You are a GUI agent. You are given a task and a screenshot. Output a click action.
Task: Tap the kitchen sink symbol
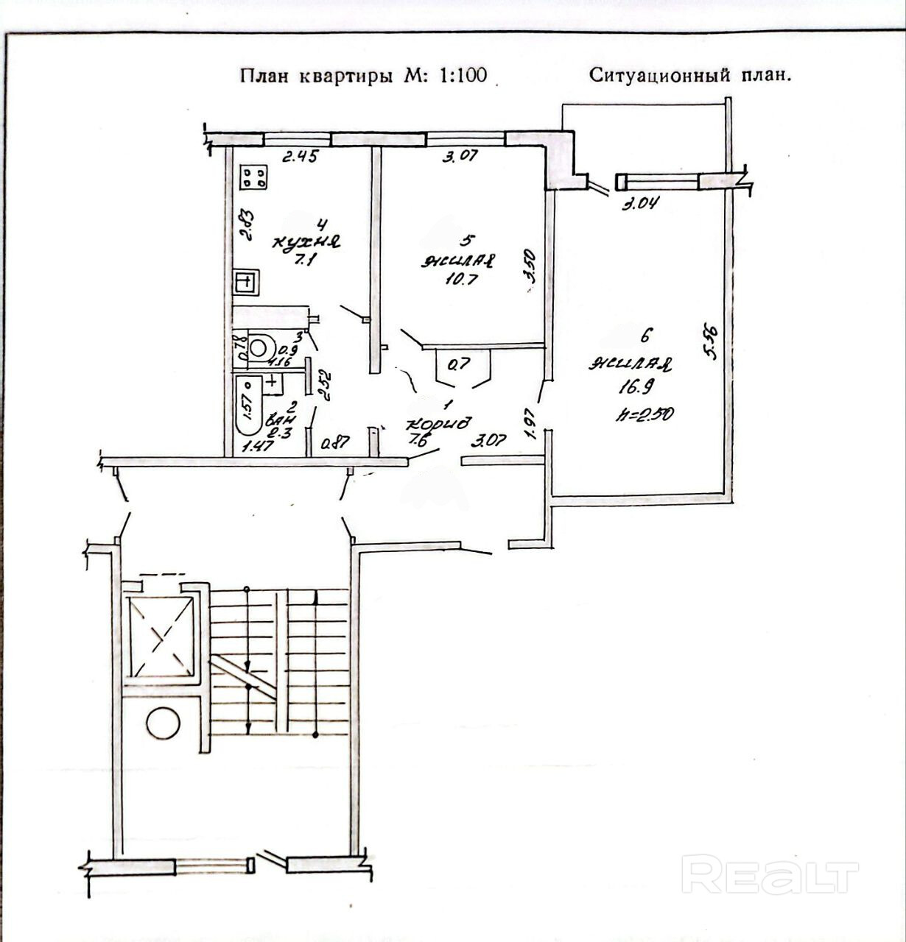tap(245, 281)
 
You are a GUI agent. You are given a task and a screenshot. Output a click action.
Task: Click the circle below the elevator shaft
tap(163, 723)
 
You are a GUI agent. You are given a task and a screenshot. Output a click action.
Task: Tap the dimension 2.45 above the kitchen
tap(301, 156)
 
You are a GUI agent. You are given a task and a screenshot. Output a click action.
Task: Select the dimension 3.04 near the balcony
tap(639, 205)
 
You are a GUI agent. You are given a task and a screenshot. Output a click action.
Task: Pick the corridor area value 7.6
tap(424, 442)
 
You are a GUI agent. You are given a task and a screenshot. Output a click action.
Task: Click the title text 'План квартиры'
tap(316, 76)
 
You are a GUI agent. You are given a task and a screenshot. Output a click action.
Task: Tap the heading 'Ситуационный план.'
tap(690, 75)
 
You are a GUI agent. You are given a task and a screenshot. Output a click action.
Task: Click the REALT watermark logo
tap(769, 874)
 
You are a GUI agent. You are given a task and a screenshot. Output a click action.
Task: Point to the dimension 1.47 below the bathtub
tap(257, 445)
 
